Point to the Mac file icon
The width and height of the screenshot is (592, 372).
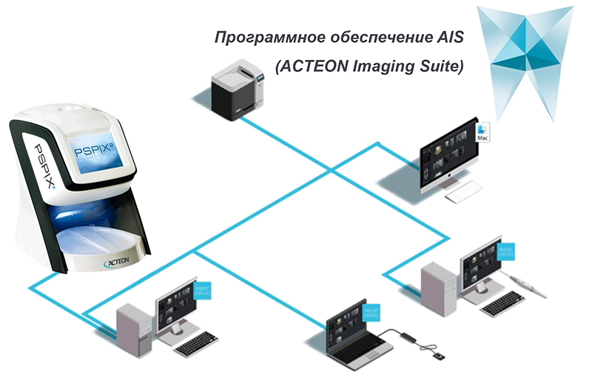pyautogui.click(x=484, y=133)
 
